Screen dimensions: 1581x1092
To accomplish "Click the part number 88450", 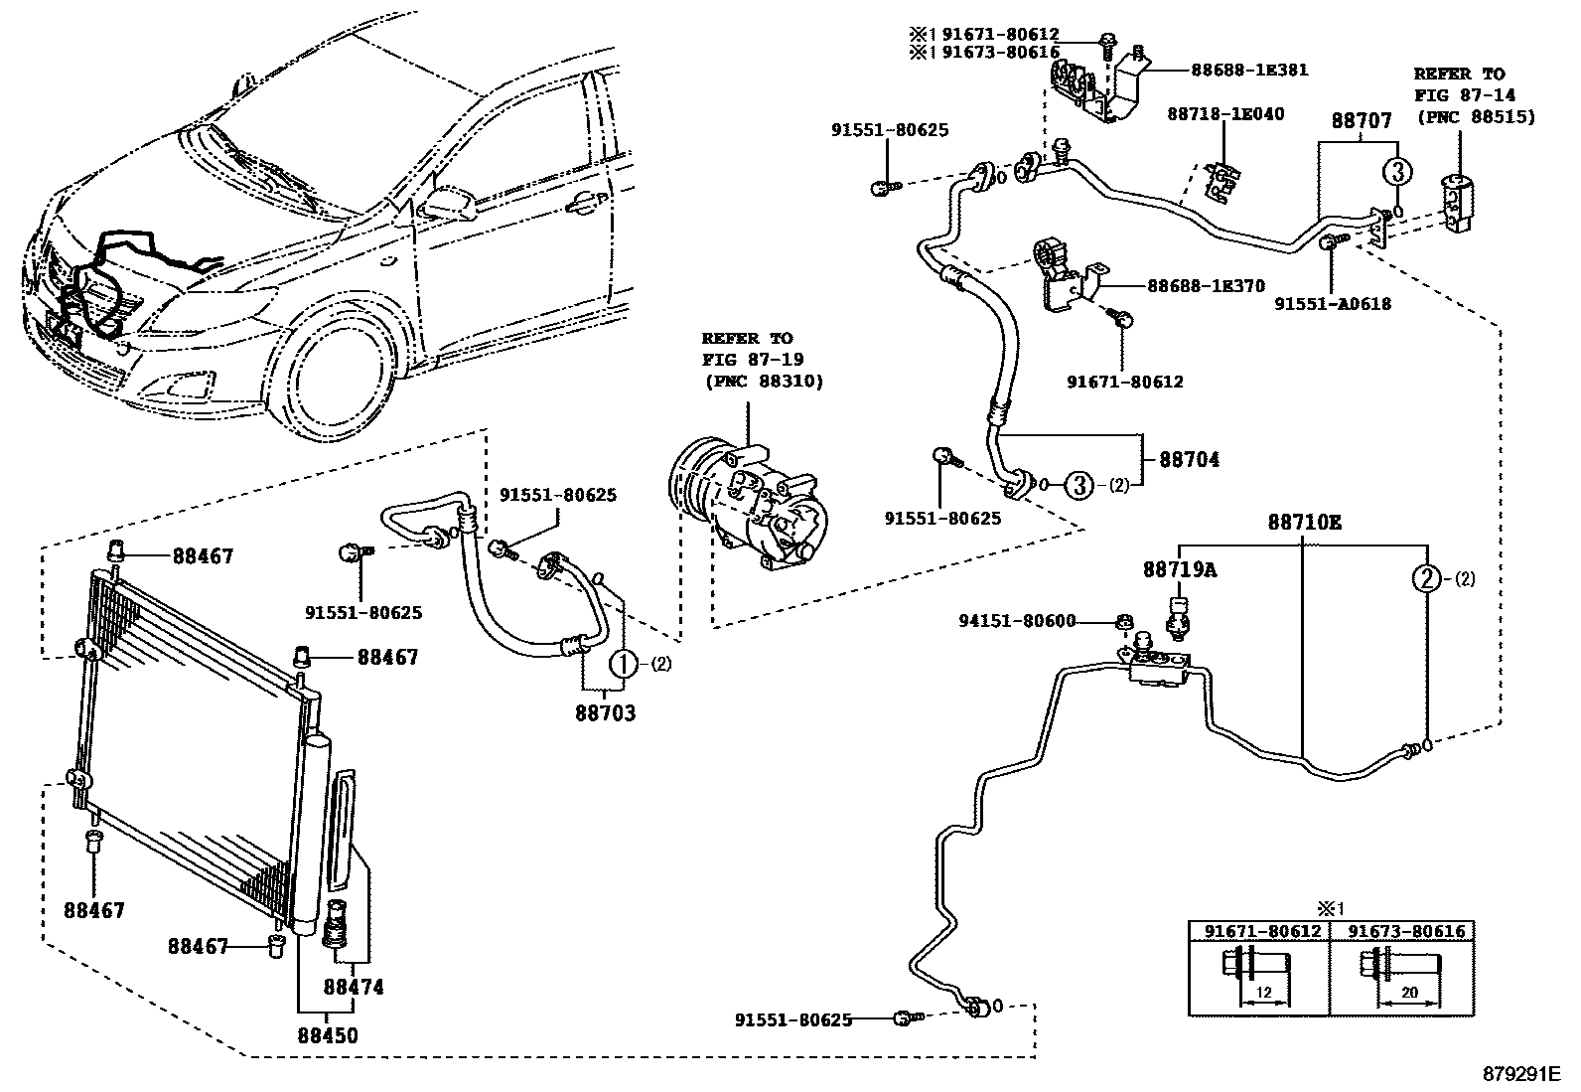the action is tap(328, 1035).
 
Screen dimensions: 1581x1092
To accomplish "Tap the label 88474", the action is tap(354, 987).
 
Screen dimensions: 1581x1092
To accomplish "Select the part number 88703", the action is tap(606, 713).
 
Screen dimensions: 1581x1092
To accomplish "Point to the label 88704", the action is tap(1190, 460).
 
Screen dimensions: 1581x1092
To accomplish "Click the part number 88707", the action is tap(1362, 121).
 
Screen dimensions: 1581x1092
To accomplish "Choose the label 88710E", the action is tap(1305, 523).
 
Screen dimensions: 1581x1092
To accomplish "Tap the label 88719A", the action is tap(1180, 569).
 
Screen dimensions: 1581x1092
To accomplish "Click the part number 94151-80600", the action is tap(1017, 621).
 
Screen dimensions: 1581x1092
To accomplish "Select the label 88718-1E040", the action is tap(1226, 113).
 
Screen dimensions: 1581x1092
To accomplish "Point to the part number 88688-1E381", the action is tap(1250, 70).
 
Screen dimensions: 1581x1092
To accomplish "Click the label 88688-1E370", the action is tap(1207, 286).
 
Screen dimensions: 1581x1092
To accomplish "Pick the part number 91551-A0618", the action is tap(1334, 304).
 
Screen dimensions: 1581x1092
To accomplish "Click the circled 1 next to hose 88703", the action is tap(624, 664).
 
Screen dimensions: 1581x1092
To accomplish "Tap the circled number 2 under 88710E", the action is tap(1426, 579).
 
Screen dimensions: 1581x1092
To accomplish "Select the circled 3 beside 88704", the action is tap(1078, 485).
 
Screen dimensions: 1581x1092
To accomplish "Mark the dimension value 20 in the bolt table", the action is tap(1409, 993).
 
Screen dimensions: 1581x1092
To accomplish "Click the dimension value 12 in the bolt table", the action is tap(1263, 993).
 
